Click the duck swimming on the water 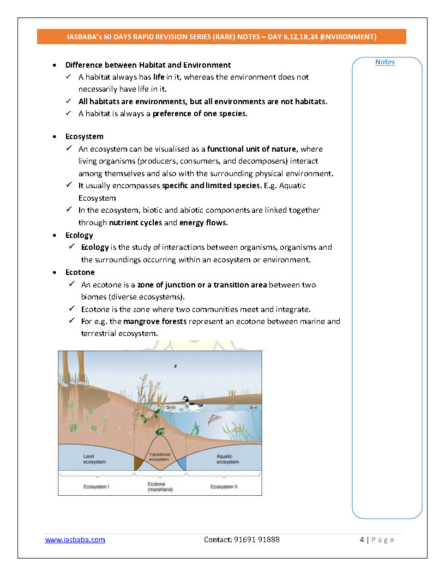[190, 402]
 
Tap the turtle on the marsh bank [149, 416]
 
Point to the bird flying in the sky [175, 366]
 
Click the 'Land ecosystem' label [94, 459]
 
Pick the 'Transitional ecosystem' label [159, 457]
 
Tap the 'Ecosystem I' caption [95, 486]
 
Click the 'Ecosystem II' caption [224, 486]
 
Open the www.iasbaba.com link [75, 539]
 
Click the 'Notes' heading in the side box [384, 62]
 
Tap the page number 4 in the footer [362, 539]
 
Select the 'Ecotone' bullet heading [80, 272]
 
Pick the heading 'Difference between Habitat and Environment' [148, 65]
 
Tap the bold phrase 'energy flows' [203, 223]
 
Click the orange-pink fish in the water [214, 419]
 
